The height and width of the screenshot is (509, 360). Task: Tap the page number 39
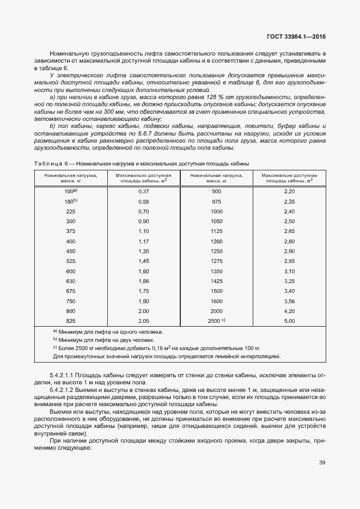click(x=322, y=463)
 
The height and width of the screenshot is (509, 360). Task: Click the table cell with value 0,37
click(x=143, y=192)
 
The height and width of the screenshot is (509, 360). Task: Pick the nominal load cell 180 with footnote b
click(x=71, y=201)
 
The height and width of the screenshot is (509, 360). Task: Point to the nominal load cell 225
click(x=71, y=211)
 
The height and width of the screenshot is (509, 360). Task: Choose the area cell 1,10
click(x=143, y=231)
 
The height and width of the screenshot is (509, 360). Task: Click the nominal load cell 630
click(x=71, y=281)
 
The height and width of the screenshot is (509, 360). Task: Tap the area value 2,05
click(x=143, y=321)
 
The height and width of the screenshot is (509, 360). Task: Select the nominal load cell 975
click(x=216, y=201)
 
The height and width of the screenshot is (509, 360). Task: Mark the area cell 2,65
click(x=289, y=231)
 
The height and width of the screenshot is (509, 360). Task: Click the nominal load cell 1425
click(x=216, y=281)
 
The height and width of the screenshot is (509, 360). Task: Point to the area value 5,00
click(x=289, y=321)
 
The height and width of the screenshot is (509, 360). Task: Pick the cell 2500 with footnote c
click(x=216, y=321)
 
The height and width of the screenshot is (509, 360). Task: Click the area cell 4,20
click(x=289, y=311)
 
